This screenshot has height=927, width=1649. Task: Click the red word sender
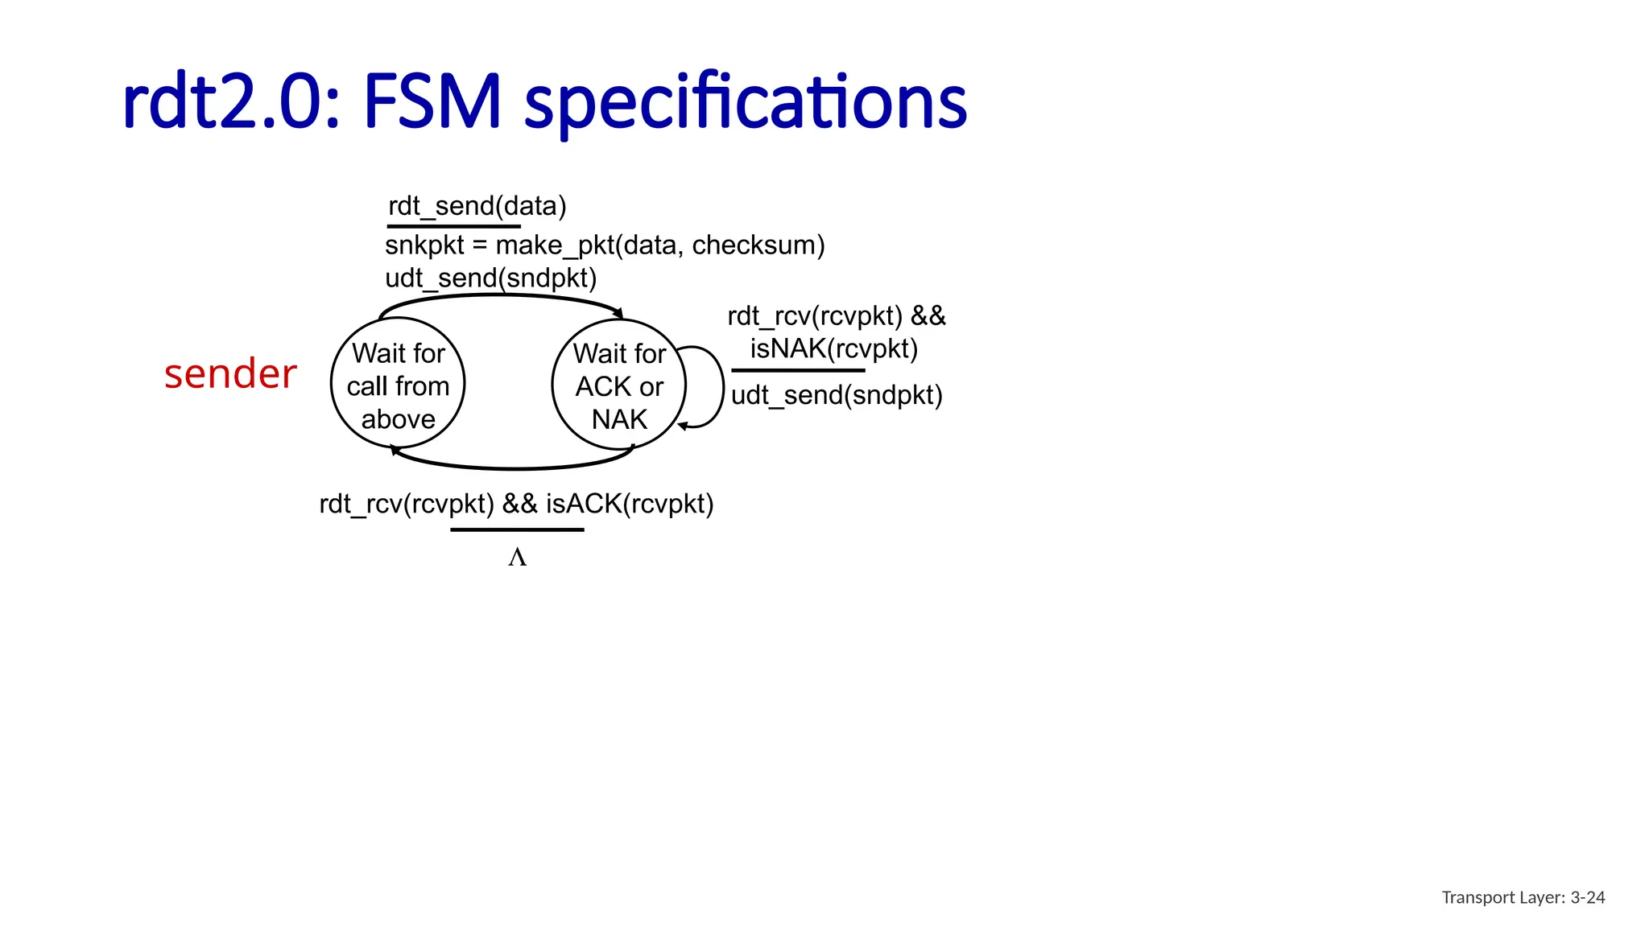[x=230, y=374]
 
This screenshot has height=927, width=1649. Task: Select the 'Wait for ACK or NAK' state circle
[x=618, y=385]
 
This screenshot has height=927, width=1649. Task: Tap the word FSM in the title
[x=432, y=102]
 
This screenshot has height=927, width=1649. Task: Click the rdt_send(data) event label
[x=477, y=206]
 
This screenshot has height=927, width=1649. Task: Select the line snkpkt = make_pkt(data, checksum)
[x=605, y=245]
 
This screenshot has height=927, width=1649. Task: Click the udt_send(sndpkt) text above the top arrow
[x=490, y=278]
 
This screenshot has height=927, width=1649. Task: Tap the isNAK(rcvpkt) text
[x=834, y=349]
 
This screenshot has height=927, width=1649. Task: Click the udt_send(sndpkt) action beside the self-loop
[x=837, y=395]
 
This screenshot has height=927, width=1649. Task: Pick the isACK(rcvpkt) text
[x=630, y=504]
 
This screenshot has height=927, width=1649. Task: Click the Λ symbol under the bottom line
[x=517, y=558]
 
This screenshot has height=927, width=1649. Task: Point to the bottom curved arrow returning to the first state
[x=515, y=467]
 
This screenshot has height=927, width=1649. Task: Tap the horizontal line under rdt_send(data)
[x=453, y=226]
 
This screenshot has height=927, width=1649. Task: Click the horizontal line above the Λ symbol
[x=517, y=529]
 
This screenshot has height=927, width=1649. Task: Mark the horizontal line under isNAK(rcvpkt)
[x=798, y=370]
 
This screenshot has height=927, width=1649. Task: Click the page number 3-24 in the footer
[x=1587, y=897]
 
